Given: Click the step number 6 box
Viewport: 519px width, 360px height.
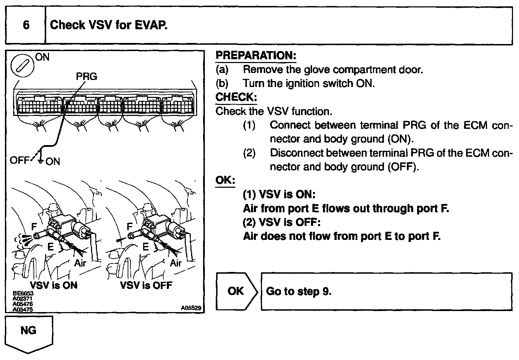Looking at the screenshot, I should (26, 25).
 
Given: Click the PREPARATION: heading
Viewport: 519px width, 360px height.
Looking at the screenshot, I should (256, 56).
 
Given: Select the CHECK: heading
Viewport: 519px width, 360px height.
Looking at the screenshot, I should (236, 97).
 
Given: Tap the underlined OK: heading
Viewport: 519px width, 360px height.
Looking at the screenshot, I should (225, 180).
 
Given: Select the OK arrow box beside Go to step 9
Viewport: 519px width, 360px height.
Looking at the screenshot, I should (236, 291).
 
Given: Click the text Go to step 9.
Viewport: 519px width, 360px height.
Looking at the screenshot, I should (299, 291).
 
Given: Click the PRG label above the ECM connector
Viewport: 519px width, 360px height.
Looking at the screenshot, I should (86, 76).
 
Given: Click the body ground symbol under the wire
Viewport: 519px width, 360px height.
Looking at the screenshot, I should (41, 161).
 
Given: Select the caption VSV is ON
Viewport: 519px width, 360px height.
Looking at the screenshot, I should (54, 285).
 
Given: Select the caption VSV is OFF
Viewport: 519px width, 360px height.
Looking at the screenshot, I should (146, 285).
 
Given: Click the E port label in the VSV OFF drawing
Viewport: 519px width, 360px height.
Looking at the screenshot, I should (146, 247).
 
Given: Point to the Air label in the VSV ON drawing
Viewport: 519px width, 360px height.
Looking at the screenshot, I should (80, 263).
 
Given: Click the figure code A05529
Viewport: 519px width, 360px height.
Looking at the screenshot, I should (191, 308).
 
